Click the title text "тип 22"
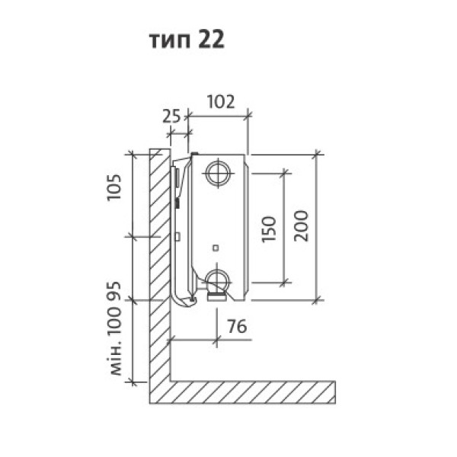pos(187,40)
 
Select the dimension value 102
pos(221,102)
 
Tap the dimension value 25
pos(171,117)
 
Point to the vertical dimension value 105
pos(114,187)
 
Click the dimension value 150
pos(268,229)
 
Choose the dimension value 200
pos(301,225)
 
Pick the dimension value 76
pos(237,326)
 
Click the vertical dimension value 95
pos(114,290)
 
